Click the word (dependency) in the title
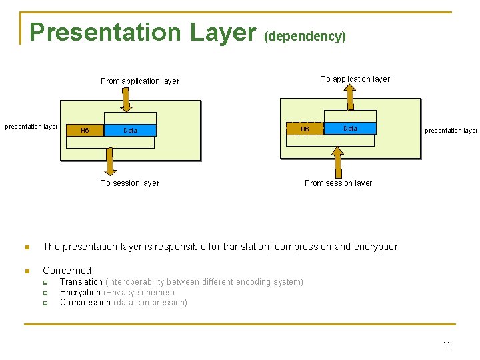click(305, 36)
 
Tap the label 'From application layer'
click(140, 81)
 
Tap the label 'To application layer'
click(355, 79)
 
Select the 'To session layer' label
click(130, 183)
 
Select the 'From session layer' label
click(338, 183)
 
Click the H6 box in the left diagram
click(85, 130)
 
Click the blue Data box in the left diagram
click(130, 130)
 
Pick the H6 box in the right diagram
click(305, 129)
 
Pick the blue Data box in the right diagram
click(350, 128)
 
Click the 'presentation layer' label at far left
click(31, 126)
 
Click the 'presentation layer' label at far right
click(451, 131)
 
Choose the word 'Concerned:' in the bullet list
click(69, 271)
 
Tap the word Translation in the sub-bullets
click(81, 282)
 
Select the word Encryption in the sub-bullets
click(80, 292)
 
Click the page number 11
click(447, 345)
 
